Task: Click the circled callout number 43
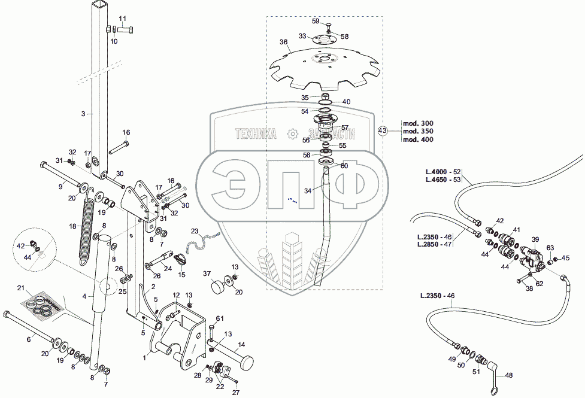click(383, 130)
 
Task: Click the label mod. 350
click(418, 130)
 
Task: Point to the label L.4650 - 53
click(444, 180)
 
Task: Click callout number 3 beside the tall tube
click(83, 113)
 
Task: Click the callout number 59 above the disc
click(332, 22)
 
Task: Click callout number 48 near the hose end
click(509, 376)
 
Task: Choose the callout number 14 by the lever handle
click(241, 345)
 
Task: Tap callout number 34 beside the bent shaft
click(308, 190)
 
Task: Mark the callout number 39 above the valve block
click(535, 239)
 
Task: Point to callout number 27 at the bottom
click(235, 392)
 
